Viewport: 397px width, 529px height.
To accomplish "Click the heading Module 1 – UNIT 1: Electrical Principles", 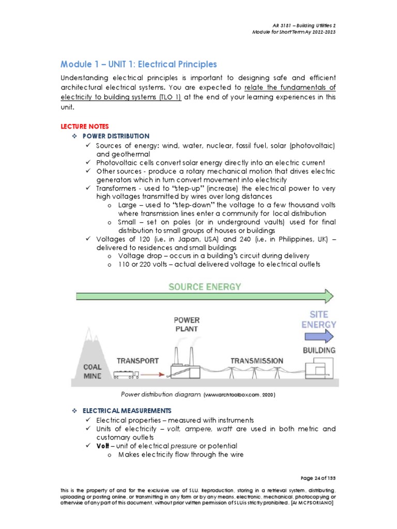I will (x=139, y=65).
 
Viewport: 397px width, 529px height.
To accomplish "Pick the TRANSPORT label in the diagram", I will (x=137, y=361).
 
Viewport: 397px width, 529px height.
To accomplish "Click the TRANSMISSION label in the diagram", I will (x=256, y=361).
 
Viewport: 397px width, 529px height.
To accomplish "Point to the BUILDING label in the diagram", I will (x=318, y=350).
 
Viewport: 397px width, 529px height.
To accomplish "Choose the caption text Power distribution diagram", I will (x=160, y=395).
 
